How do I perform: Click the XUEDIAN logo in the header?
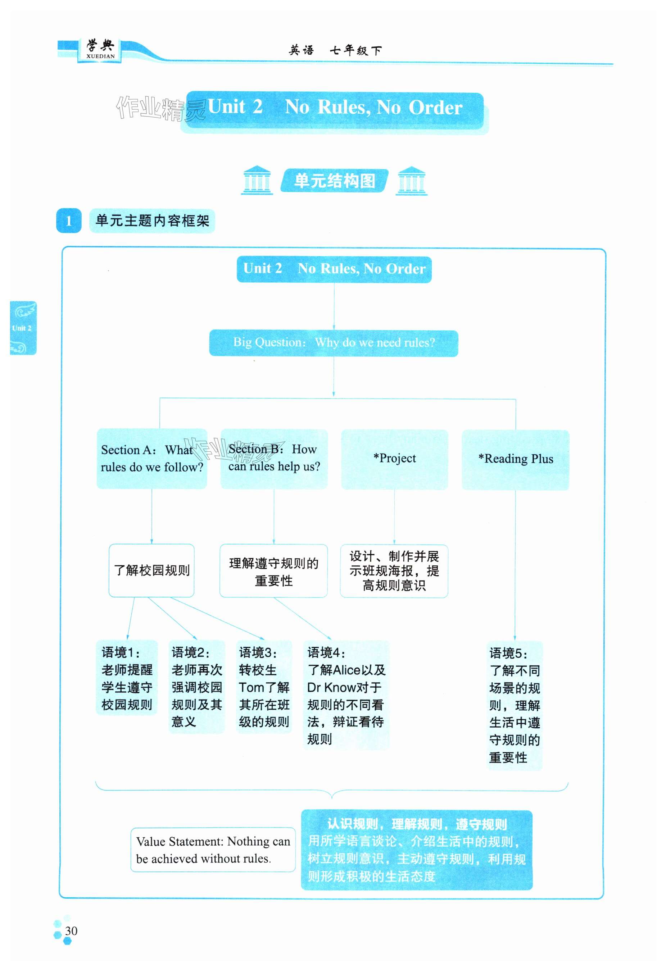pos(100,50)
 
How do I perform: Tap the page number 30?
pos(71,930)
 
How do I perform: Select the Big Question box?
pos(333,343)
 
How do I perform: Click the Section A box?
pos(151,458)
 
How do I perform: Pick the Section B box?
pos(274,458)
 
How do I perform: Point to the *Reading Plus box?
pos(515,459)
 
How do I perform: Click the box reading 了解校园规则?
pos(151,570)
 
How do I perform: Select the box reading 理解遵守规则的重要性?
pos(273,570)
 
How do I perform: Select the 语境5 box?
pos(515,705)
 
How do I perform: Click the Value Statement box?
pos(213,850)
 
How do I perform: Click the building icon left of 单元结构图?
pos(257,180)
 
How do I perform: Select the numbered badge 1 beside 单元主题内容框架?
pos(68,220)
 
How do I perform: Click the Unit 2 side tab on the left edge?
pos(23,328)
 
